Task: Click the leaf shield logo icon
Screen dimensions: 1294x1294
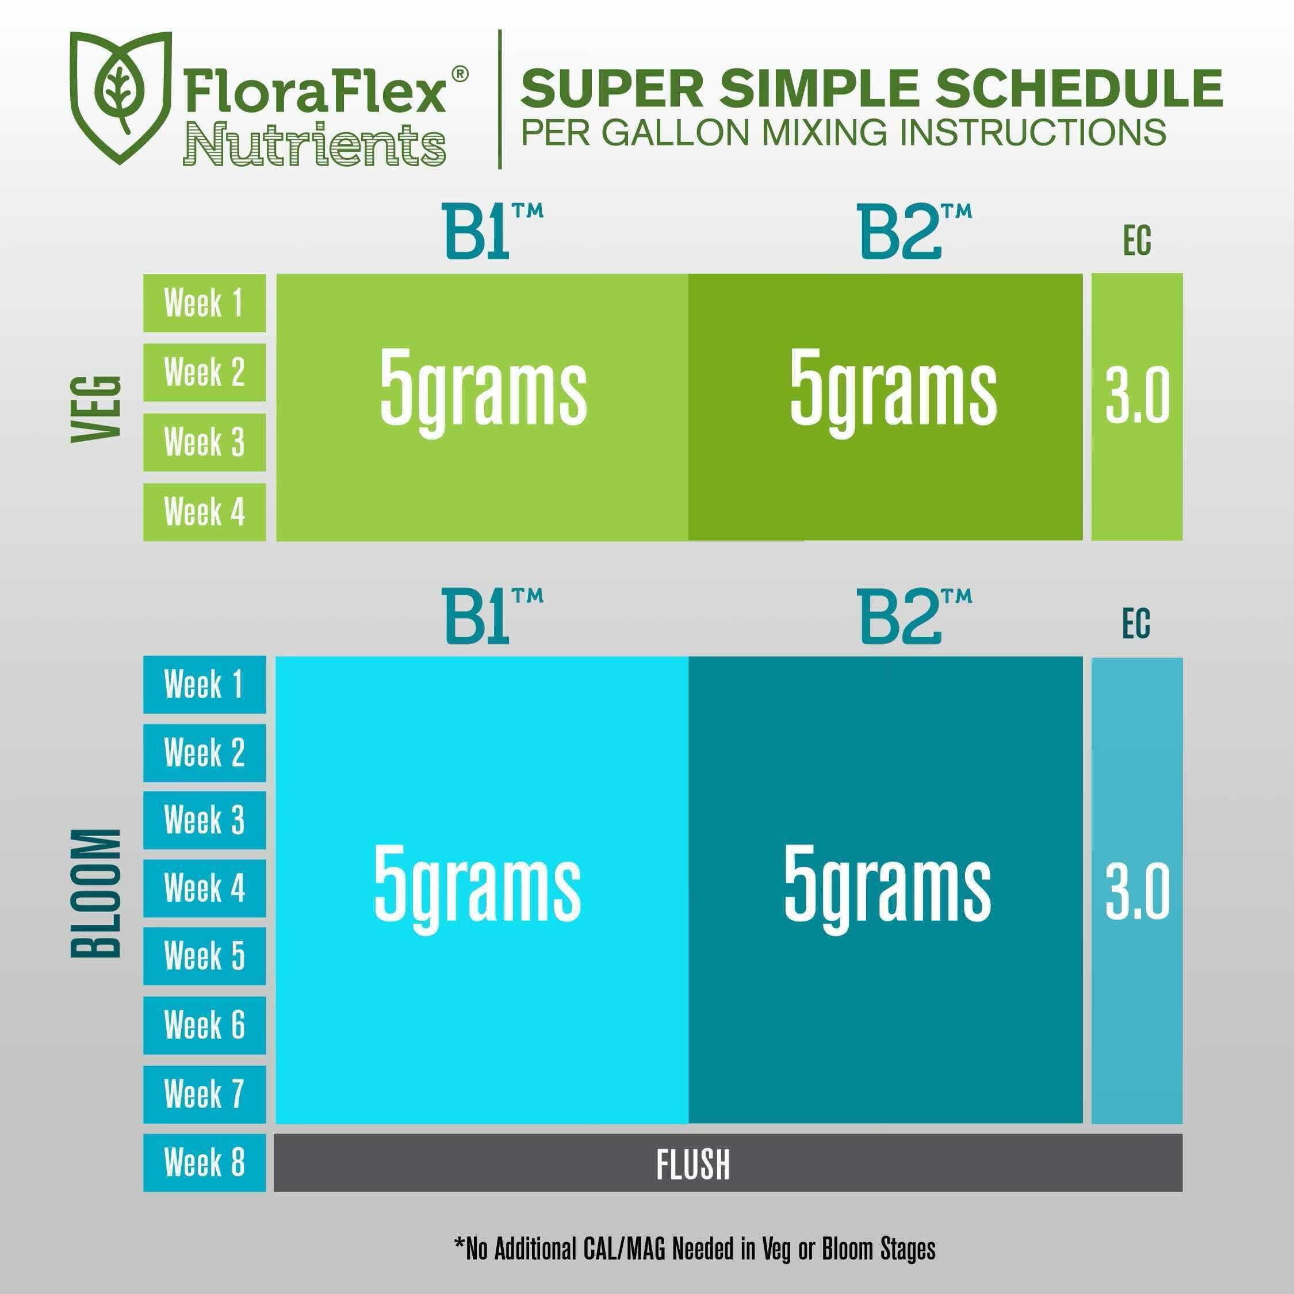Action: pyautogui.click(x=121, y=97)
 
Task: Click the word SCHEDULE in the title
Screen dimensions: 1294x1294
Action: pyautogui.click(x=1079, y=88)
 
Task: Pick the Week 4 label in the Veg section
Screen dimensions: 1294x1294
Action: pyautogui.click(x=204, y=512)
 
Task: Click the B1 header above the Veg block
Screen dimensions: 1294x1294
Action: pyautogui.click(x=492, y=231)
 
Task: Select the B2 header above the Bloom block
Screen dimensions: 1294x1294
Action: pyautogui.click(x=915, y=615)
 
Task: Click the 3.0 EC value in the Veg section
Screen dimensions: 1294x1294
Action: pyautogui.click(x=1137, y=395)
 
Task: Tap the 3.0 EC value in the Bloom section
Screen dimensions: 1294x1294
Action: pyautogui.click(x=1137, y=891)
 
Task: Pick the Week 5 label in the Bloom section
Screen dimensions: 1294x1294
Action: pyautogui.click(x=204, y=956)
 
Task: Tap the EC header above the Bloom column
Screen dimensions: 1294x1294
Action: pyautogui.click(x=1136, y=623)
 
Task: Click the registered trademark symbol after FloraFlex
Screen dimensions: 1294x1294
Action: pyautogui.click(x=460, y=74)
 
